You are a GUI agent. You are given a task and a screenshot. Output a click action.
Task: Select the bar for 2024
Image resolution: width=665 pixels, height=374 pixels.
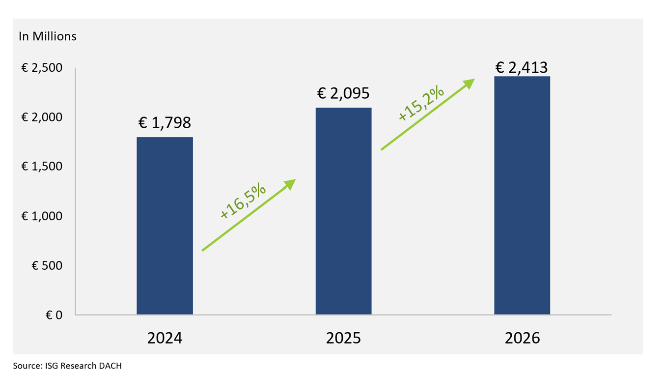click(x=165, y=226)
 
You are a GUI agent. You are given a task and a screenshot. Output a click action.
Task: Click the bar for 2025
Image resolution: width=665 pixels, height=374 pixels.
click(x=343, y=211)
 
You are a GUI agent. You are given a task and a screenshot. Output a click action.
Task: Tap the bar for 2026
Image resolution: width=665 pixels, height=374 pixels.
click(x=522, y=195)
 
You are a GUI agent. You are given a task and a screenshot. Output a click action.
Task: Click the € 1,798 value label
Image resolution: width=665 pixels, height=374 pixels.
click(x=165, y=122)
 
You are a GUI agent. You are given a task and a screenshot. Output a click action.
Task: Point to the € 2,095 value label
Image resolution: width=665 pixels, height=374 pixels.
click(x=343, y=93)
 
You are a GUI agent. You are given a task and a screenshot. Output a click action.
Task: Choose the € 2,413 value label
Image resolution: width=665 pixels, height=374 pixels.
click(x=522, y=67)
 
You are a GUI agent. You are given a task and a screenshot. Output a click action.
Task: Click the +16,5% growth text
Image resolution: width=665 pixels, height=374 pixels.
click(x=243, y=201)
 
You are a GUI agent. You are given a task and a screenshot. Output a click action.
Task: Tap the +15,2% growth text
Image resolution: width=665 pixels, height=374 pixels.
click(x=421, y=103)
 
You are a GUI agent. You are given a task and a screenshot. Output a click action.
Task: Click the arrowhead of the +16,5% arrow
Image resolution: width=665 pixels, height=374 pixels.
click(x=291, y=183)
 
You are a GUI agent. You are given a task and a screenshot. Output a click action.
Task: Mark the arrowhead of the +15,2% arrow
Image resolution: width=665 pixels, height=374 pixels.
click(x=470, y=82)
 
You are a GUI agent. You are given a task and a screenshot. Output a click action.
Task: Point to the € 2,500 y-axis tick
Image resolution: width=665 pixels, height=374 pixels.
click(x=42, y=67)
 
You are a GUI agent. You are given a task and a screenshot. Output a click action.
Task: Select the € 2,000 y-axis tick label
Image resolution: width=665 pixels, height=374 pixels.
click(x=42, y=117)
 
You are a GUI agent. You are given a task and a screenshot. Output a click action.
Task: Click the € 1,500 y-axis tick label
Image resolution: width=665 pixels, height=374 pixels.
click(x=42, y=166)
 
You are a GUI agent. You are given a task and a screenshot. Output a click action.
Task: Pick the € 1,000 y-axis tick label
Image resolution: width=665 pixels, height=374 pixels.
click(x=42, y=216)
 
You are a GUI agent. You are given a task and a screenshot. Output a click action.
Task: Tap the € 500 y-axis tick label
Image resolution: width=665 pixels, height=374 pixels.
click(x=47, y=265)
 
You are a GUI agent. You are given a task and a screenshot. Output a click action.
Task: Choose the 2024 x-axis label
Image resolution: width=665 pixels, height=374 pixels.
click(x=165, y=338)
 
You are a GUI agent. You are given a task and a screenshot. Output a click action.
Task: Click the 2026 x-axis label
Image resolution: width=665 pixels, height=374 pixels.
click(x=522, y=338)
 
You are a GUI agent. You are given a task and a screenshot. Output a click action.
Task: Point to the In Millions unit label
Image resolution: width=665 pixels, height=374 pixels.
click(x=48, y=36)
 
